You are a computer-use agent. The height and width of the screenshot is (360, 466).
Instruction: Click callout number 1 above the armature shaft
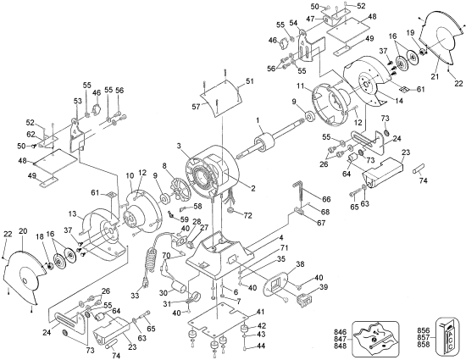click(254, 121)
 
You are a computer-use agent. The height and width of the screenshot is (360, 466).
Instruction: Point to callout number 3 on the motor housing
click(178, 146)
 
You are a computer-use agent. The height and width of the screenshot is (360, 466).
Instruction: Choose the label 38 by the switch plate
click(298, 264)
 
